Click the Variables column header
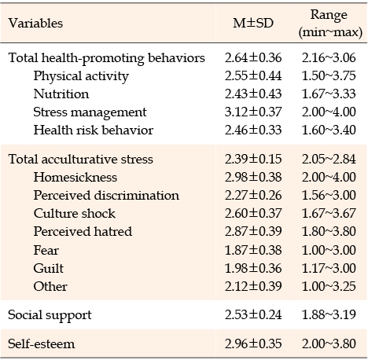35,23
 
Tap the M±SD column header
253,23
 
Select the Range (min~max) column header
330,24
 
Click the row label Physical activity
81,76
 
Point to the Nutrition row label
61,94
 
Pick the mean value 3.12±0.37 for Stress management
253,112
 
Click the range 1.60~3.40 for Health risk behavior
329,130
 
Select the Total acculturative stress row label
80,159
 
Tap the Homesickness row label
75,177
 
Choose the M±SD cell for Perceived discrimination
253,195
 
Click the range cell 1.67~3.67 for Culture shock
329,213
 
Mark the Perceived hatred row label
83,231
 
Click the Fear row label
46,250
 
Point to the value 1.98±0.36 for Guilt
253,268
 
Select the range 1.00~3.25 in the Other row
329,286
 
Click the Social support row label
50,315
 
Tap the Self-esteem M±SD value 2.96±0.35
253,343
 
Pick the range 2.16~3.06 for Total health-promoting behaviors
329,57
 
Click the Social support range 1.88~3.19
329,314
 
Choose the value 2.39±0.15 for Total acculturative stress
253,159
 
